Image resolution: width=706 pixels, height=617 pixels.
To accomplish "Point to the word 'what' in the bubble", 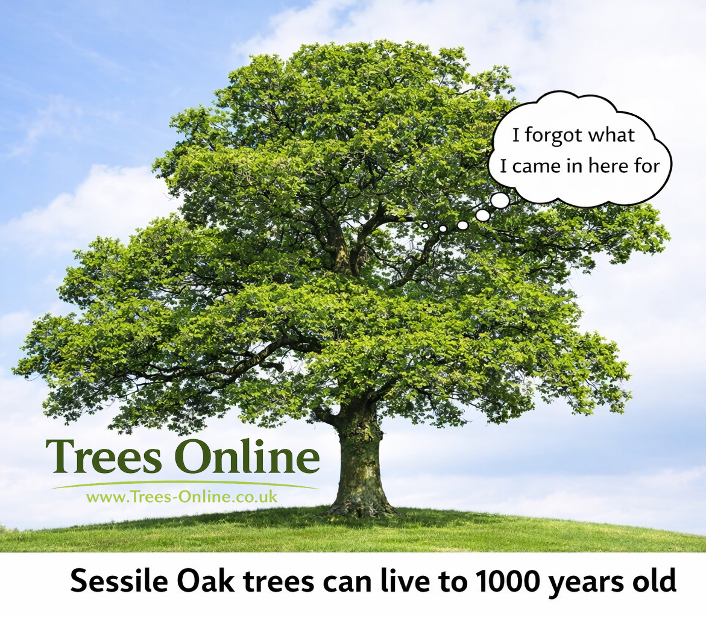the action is coord(612,135).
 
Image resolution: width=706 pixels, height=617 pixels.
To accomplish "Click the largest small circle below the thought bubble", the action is coord(500,200).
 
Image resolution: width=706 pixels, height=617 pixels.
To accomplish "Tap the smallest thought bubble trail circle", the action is coord(424,225).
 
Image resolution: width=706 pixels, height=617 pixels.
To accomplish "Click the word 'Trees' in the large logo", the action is coord(103,456).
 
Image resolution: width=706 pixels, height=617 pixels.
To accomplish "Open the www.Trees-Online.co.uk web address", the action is coord(181,497).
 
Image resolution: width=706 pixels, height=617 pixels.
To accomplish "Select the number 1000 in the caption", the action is coord(508,581).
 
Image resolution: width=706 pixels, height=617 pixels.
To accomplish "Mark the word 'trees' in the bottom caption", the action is coord(279,581).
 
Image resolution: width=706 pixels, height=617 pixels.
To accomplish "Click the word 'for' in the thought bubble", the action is coord(648,166).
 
